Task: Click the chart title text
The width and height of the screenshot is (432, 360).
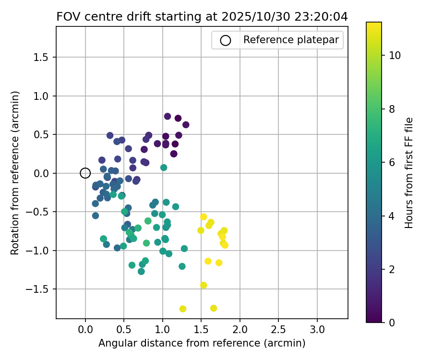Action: pos(202,17)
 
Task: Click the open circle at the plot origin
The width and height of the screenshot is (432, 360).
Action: pos(85,173)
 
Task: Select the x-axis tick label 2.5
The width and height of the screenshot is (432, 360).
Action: pos(278,330)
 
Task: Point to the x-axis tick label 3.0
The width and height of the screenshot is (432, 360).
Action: pos(317,330)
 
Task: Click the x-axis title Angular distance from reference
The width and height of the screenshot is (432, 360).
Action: pos(202,343)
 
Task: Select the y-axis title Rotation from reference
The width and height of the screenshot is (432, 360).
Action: pos(15,173)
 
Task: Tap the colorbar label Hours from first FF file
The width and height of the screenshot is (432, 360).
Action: pos(409,173)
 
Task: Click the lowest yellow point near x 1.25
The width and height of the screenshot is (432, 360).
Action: pos(183,309)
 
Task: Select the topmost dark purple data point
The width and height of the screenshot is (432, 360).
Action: pos(168,116)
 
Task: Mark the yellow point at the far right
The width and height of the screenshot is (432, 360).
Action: pos(225,245)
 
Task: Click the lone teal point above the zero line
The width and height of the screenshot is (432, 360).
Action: pos(164,168)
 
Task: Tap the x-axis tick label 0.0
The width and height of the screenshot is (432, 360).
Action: pos(85,330)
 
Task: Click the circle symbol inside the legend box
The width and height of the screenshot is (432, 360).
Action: pos(226,40)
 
